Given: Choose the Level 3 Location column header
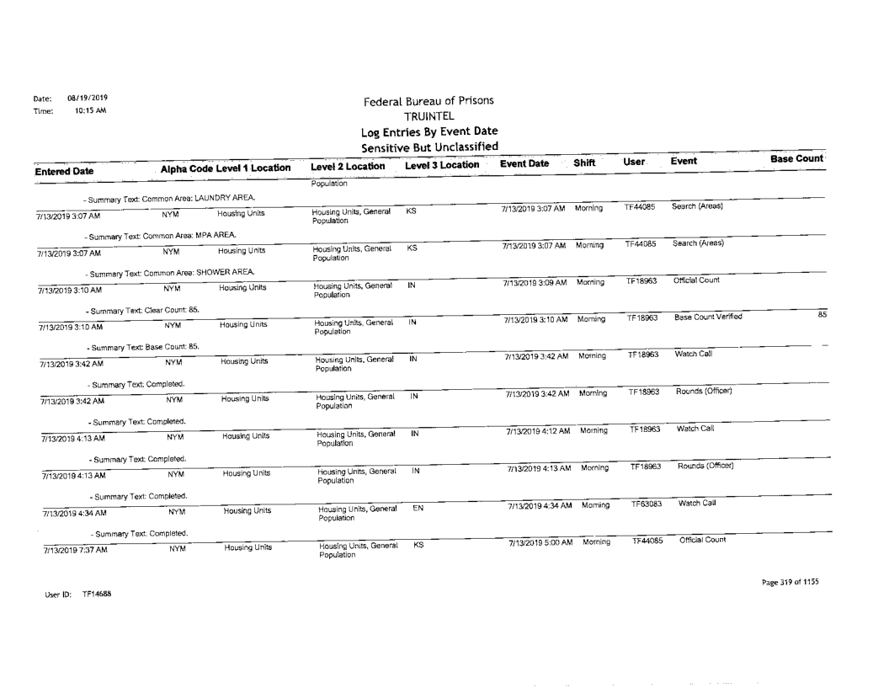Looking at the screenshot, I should pos(441,167).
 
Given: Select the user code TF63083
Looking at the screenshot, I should pos(647,504).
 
